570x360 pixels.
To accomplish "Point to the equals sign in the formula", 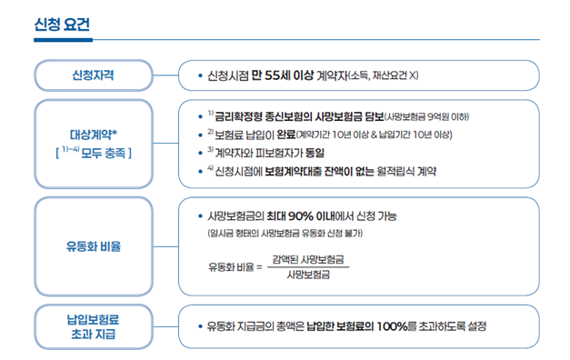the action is [258, 267].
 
